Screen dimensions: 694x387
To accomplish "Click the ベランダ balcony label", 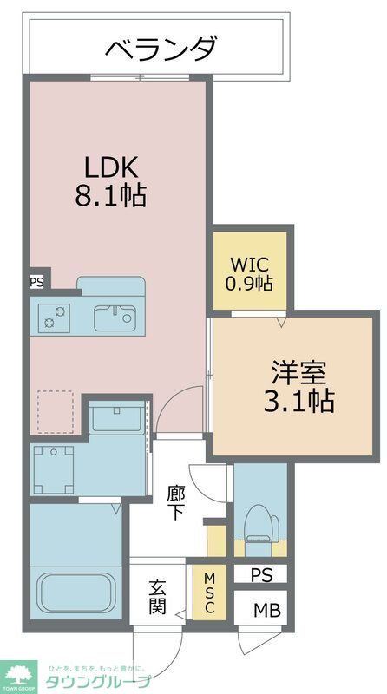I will [161, 49].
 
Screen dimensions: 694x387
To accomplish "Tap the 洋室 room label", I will [297, 371].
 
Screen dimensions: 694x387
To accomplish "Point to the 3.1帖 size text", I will [297, 401].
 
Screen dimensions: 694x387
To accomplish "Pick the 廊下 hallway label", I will [175, 503].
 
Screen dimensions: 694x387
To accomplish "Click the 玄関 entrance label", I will [156, 597].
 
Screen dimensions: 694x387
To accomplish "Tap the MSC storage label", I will [209, 593].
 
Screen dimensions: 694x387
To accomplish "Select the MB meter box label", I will [261, 610].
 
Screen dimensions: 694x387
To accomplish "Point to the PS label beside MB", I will [261, 574].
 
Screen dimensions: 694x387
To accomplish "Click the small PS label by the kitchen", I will [36, 281].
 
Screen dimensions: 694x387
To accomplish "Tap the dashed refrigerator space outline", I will [58, 412].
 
